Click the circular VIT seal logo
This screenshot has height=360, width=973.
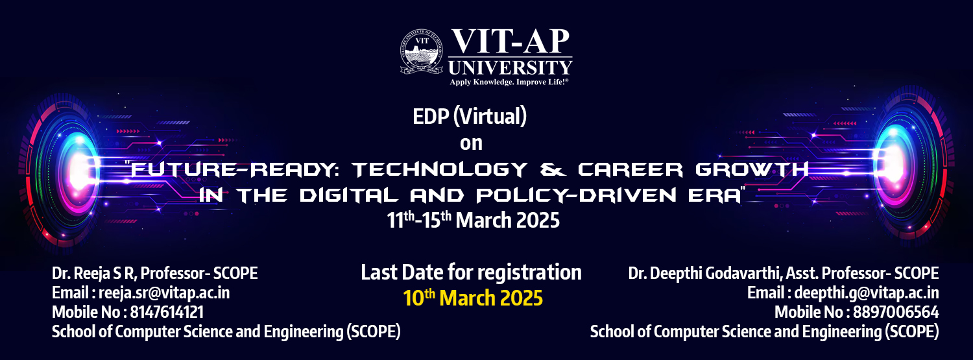(x=422, y=51)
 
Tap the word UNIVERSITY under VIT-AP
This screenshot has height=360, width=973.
(x=511, y=67)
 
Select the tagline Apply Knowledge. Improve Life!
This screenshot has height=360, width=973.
(x=509, y=82)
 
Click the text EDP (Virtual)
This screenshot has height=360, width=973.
(x=470, y=116)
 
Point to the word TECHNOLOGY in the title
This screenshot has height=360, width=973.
(x=440, y=169)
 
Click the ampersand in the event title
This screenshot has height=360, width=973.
(x=553, y=169)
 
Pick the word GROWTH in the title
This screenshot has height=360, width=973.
(x=752, y=169)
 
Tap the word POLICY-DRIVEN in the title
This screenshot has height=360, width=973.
(x=577, y=195)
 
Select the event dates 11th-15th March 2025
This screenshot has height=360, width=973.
(x=473, y=220)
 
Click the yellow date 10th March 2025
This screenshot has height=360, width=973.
(x=473, y=298)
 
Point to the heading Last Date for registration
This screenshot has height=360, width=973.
(x=472, y=272)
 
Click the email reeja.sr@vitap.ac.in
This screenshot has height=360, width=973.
(x=164, y=293)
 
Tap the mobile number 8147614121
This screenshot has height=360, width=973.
(x=167, y=312)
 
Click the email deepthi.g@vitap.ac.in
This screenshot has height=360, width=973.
(x=866, y=293)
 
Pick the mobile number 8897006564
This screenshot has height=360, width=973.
(x=896, y=312)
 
